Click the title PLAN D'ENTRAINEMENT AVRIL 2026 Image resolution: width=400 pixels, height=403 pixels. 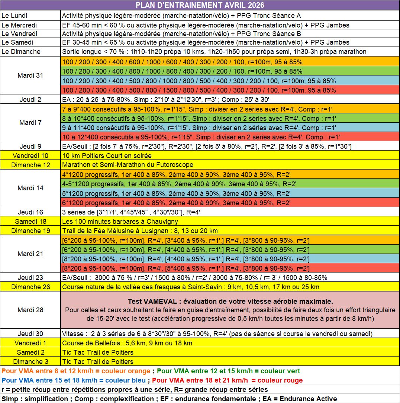[x=200, y=5]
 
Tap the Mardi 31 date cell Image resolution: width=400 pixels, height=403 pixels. [x=30, y=75]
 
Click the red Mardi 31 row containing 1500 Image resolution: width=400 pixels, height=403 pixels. [x=199, y=90]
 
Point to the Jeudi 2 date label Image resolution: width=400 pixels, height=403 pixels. [x=30, y=100]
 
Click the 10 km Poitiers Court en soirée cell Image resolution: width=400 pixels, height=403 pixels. [x=107, y=155]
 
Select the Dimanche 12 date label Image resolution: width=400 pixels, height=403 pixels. [x=30, y=165]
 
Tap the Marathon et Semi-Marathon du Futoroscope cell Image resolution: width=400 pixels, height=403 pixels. [x=128, y=165]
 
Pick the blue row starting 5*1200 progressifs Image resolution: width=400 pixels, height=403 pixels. [x=176, y=193]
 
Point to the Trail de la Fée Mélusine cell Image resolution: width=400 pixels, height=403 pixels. [x=140, y=231]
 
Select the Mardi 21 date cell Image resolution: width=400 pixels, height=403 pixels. [x=30, y=254]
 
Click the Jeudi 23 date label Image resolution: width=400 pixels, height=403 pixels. [x=30, y=278]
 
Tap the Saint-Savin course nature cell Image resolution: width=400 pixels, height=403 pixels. [x=190, y=287]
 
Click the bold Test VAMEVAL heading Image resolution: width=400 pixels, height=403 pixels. [x=230, y=301]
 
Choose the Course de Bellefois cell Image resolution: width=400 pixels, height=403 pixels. [x=127, y=343]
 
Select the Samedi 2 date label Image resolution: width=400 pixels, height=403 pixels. [x=30, y=352]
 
